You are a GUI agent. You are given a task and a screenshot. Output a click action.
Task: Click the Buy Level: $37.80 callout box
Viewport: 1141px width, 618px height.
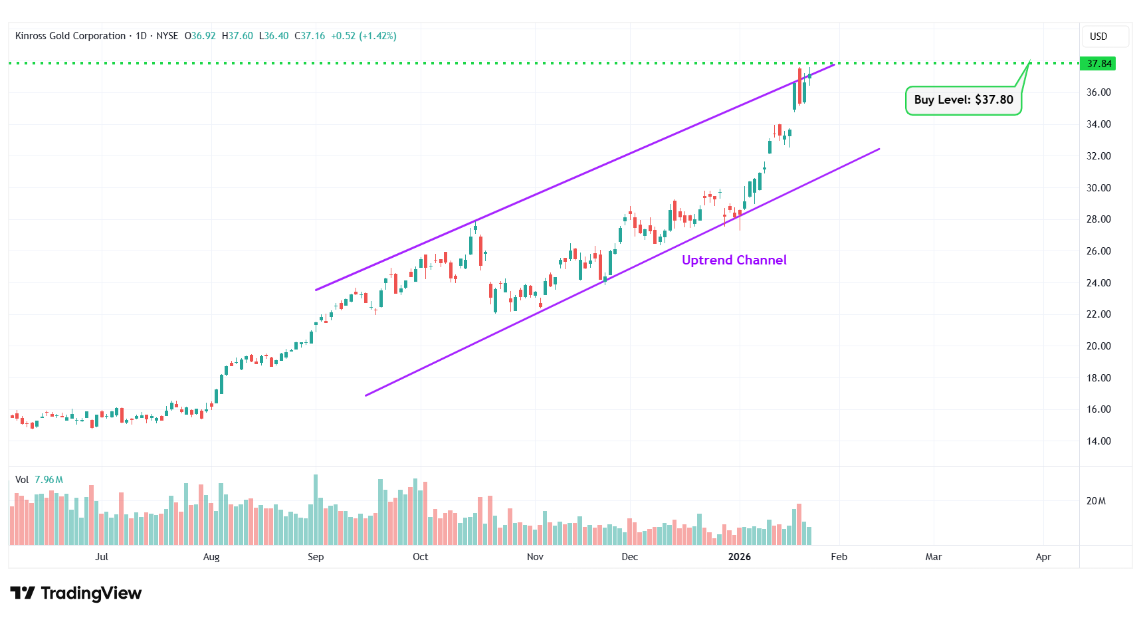pos(963,100)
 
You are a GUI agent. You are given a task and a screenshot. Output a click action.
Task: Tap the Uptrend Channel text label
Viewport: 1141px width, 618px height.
pos(734,260)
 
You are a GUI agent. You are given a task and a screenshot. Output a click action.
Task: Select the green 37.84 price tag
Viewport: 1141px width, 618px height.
pos(1098,64)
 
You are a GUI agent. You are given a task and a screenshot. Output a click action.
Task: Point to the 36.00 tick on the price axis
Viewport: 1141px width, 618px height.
pos(1098,92)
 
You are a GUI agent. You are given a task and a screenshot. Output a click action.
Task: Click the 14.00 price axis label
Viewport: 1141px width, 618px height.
pos(1098,441)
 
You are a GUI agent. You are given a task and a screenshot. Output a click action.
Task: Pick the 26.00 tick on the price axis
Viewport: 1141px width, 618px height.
pos(1098,251)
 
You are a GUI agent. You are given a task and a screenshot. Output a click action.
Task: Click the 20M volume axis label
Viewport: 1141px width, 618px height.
pos(1096,501)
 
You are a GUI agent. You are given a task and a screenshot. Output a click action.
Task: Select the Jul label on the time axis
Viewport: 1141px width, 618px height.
pos(102,557)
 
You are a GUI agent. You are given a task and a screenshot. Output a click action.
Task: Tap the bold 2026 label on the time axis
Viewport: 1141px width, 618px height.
pos(739,557)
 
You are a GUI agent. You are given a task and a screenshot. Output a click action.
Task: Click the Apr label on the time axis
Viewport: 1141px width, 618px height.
pos(1043,557)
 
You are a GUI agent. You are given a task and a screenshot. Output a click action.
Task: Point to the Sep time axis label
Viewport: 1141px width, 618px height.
pos(316,557)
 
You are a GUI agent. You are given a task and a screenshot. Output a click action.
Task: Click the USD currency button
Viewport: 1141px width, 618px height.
pos(1098,37)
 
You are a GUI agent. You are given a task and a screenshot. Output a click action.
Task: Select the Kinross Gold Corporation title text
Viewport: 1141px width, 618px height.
pos(70,36)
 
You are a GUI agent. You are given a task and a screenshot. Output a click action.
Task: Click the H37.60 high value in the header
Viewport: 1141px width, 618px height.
pos(237,36)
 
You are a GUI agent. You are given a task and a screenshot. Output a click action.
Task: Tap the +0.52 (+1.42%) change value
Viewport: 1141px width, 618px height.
pos(363,36)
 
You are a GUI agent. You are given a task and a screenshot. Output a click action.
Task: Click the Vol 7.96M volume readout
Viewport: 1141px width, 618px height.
pos(39,480)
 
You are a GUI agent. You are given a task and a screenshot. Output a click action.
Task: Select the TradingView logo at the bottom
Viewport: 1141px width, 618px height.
pos(76,593)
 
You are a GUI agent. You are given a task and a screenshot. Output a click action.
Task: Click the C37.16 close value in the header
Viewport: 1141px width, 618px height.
pos(310,36)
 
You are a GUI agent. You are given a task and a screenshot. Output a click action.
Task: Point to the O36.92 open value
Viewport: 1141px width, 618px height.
pos(200,36)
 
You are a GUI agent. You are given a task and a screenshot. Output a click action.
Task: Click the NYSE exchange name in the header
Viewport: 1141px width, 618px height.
pos(167,36)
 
